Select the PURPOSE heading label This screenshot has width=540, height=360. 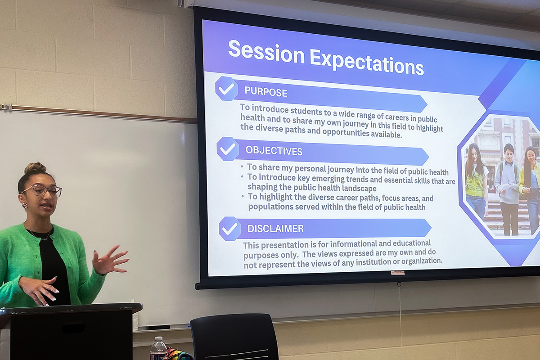click(x=265, y=92)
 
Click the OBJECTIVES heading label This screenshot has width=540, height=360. click(x=274, y=150)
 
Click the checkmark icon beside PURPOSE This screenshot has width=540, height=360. click(x=226, y=89)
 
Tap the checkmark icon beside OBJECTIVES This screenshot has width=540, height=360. click(x=228, y=149)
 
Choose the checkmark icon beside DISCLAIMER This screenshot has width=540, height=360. click(x=229, y=229)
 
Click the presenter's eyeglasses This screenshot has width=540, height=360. click(x=43, y=190)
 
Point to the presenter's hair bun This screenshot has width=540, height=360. click(x=35, y=168)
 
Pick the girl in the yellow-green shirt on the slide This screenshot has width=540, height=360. click(x=475, y=180)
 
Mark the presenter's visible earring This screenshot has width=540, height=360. click(x=24, y=206)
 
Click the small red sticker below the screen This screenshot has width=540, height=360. click(x=397, y=273)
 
